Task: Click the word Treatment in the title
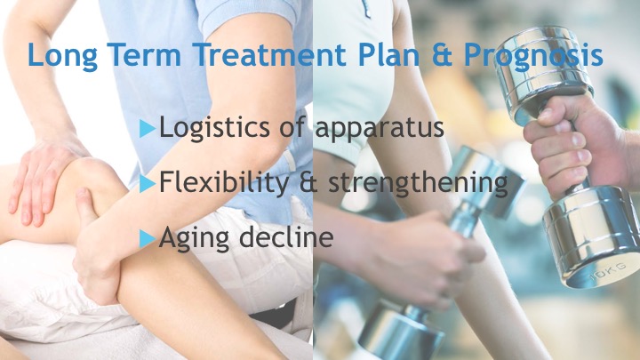[269, 54]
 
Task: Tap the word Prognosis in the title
[533, 56]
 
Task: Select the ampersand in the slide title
[442, 54]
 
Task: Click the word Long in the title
[62, 56]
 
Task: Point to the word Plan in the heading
[388, 54]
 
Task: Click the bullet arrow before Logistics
[148, 128]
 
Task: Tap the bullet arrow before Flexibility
[148, 183]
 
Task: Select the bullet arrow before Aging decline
[148, 239]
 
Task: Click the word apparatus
[380, 129]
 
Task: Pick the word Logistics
[214, 127]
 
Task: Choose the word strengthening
[418, 182]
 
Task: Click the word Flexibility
[224, 182]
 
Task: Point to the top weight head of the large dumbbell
[543, 74]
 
